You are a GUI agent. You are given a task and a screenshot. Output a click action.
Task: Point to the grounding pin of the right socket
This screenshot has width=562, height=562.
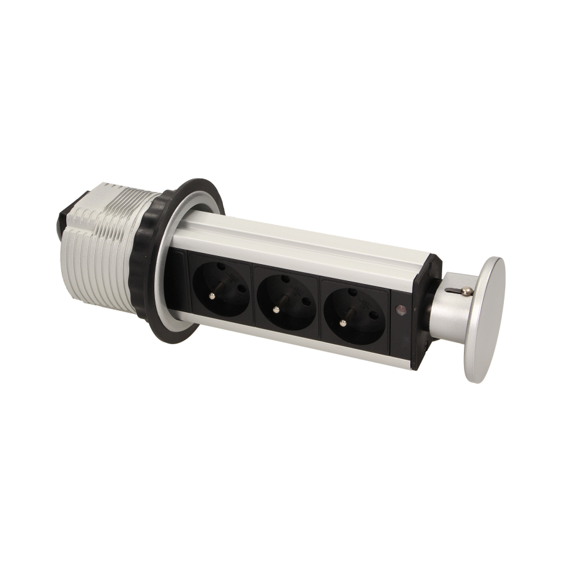tap(342, 322)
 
